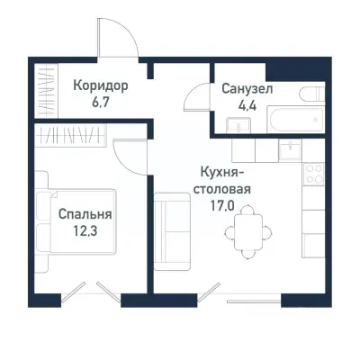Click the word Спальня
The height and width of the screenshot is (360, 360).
pyautogui.click(x=85, y=215)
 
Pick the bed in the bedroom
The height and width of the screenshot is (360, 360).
pyautogui.click(x=76, y=225)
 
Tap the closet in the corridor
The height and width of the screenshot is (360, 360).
pyautogui.click(x=45, y=91)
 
